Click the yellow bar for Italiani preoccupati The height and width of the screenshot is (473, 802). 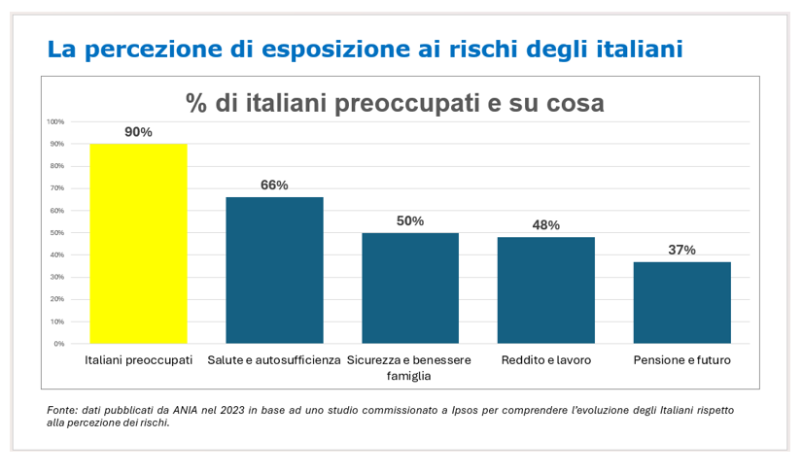coord(138,243)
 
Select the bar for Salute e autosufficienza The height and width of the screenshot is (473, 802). coord(274,270)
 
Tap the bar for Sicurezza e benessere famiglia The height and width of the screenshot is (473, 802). coord(410,287)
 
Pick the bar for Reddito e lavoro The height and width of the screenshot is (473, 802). coord(545,289)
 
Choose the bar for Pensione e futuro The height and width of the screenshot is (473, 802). coord(681,302)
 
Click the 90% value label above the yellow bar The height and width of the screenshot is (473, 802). coord(138,132)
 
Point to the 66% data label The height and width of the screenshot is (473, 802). coord(274,186)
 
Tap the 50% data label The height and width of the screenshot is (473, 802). coord(410,221)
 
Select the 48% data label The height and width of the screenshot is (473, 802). coord(545,225)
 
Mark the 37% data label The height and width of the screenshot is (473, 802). coord(681,250)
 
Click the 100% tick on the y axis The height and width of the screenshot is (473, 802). coord(55,121)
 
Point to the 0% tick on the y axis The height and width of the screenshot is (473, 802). coord(58,344)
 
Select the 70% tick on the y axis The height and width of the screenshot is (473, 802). coord(57,188)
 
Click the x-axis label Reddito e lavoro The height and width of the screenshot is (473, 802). coord(545,360)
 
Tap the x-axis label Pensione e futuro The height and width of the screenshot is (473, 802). coord(681,360)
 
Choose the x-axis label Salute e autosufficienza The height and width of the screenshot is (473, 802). coord(274,360)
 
